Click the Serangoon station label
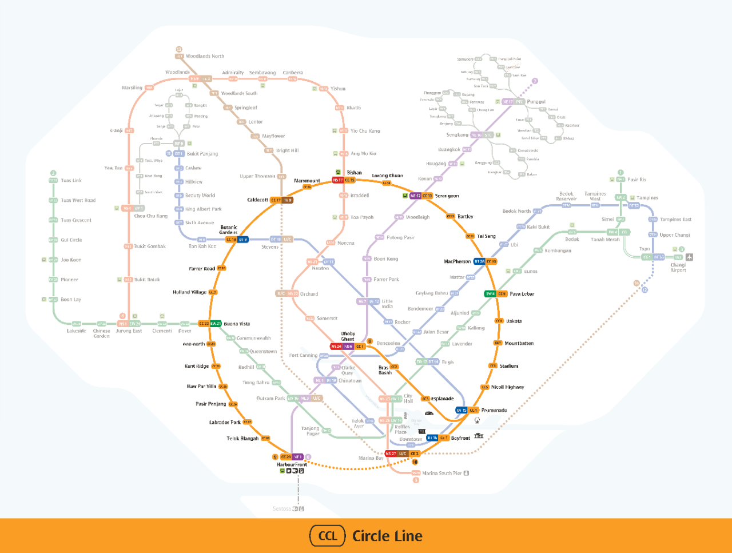[x=447, y=196]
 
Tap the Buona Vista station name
[x=237, y=324]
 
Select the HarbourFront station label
[x=292, y=464]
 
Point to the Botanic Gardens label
[x=228, y=230]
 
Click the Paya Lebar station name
[x=522, y=294]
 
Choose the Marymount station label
[x=307, y=181]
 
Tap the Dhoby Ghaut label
[x=348, y=336]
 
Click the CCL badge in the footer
[x=328, y=536]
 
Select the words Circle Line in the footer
[x=387, y=536]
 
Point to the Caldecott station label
[x=257, y=200]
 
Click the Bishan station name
[x=355, y=173]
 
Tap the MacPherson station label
[x=457, y=261]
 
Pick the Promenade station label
[x=494, y=410]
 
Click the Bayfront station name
[x=460, y=438]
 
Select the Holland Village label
[x=189, y=292]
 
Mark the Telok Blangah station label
[x=242, y=439]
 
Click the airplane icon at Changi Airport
[x=690, y=257]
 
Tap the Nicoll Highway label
[x=507, y=387]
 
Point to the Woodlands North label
[x=205, y=56]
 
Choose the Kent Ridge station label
[x=197, y=366]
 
